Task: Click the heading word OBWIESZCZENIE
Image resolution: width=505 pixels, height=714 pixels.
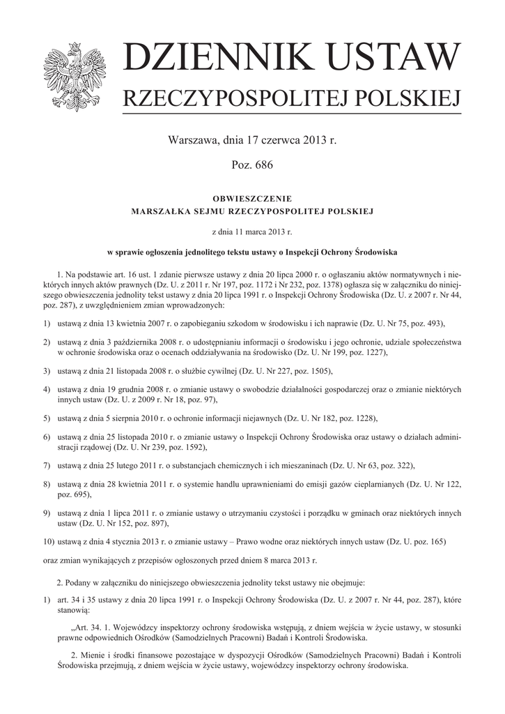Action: [252, 198]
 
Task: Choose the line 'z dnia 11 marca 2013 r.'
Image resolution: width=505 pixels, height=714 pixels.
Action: [252, 230]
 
